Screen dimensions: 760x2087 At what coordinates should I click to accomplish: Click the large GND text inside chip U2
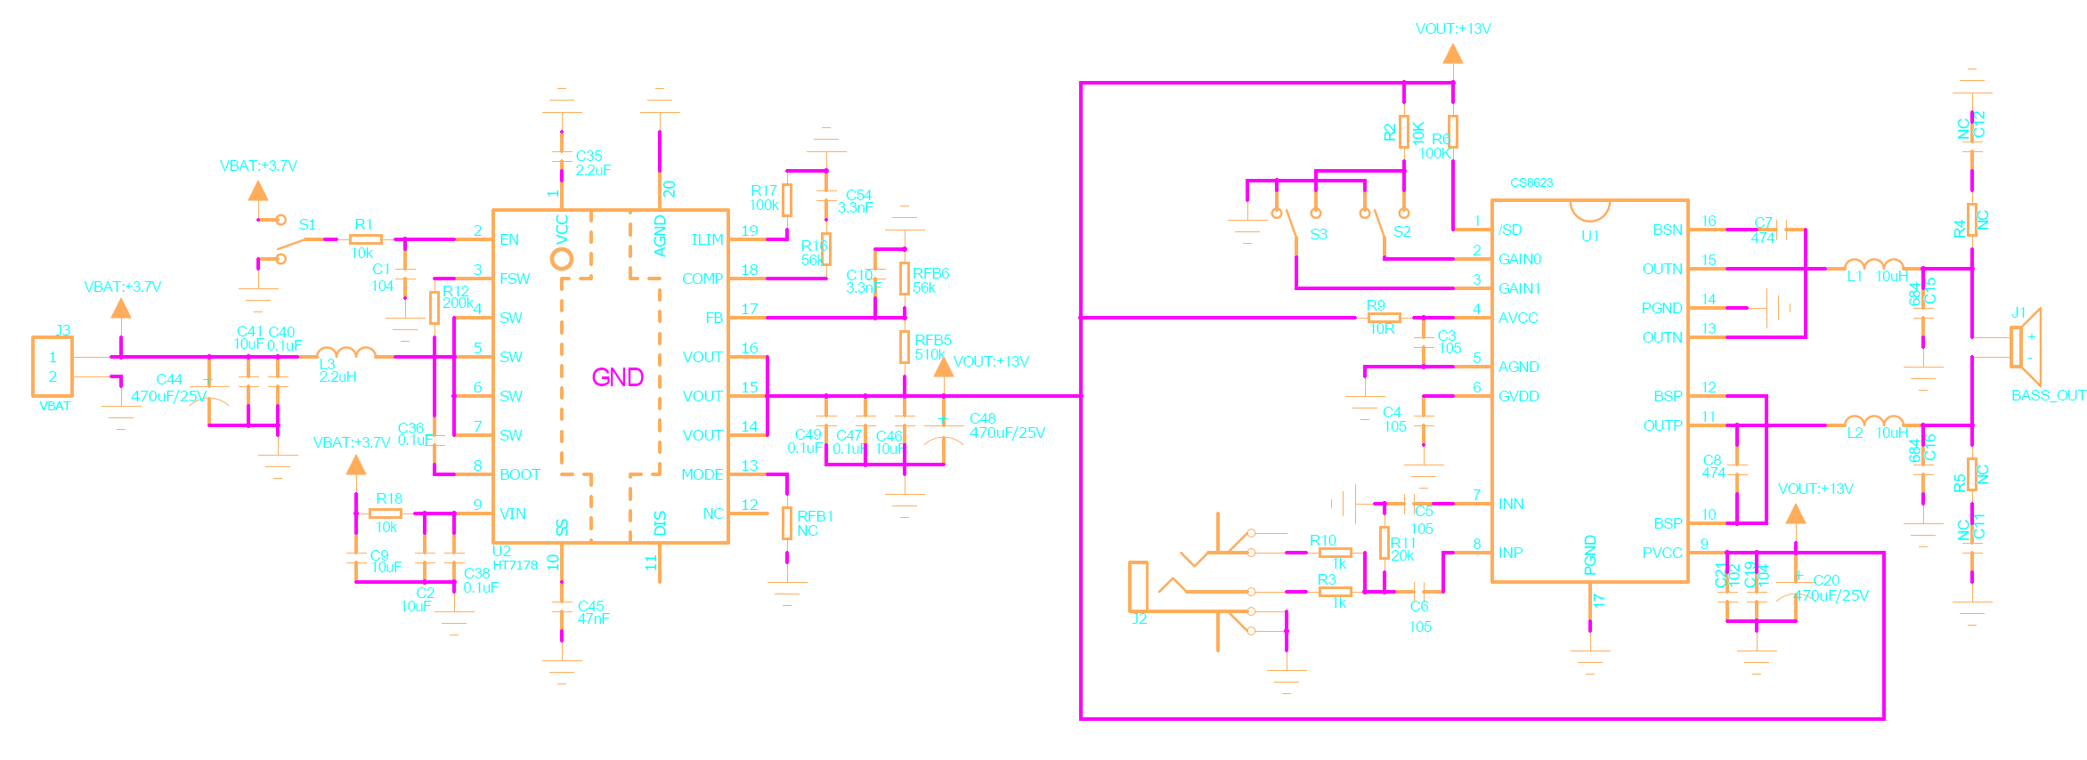coord(617,377)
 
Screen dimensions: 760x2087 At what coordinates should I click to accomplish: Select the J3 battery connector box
coord(53,366)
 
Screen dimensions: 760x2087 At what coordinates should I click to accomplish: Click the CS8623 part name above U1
coord(1531,182)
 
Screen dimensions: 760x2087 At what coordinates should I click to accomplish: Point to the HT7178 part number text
coord(516,565)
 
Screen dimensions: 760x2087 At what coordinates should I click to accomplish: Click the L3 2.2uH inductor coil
coord(345,353)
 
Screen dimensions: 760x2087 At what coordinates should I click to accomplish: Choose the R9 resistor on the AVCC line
coord(1384,318)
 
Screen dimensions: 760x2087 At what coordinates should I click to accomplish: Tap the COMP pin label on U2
coord(702,279)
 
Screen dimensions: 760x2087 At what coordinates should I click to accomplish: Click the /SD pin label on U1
coord(1510,230)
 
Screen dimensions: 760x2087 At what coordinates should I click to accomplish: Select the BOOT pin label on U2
coord(519,474)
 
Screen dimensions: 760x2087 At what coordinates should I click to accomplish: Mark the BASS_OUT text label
coord(2048,395)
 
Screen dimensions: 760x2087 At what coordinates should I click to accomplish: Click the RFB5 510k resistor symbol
coord(905,347)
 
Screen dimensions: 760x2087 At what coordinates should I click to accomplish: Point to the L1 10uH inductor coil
coord(1873,264)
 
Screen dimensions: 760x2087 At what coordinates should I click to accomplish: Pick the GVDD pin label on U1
coord(1518,396)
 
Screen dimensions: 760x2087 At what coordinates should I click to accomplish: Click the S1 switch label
coord(307,224)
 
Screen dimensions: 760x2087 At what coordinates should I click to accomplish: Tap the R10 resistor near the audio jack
coord(1335,553)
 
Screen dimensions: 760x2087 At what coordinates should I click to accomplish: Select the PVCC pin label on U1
coord(1661,553)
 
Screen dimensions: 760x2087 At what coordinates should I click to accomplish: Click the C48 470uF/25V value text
coord(1007,433)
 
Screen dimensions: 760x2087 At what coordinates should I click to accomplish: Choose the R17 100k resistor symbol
coord(787,199)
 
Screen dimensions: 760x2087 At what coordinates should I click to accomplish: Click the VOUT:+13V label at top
coord(1453,28)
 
